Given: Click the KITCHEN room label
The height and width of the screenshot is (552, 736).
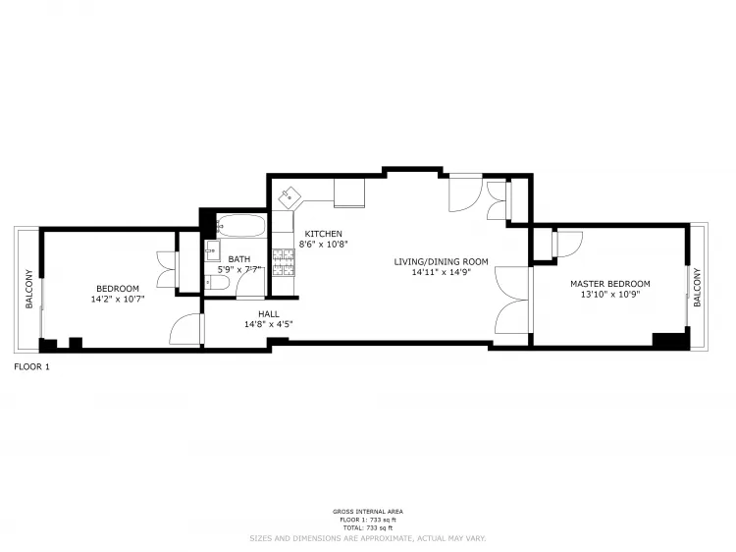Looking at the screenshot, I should coord(323,234).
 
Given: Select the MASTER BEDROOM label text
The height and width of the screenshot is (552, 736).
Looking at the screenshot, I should coord(610,284).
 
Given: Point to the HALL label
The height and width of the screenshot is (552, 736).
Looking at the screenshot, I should coord(269,313).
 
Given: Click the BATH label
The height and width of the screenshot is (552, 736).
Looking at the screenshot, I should coord(239,258).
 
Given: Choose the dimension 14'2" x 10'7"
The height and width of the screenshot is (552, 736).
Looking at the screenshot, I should coord(117,299).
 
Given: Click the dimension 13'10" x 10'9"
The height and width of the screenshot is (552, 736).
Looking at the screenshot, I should coord(610,294).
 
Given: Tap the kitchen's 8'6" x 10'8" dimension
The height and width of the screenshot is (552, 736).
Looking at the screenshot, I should coord(324,244).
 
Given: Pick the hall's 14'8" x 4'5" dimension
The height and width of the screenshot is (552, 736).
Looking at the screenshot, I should coord(269,323).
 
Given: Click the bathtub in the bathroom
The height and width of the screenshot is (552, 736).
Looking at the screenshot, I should coord(239,227).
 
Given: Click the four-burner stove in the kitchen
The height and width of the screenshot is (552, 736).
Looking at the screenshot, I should coord(285,261).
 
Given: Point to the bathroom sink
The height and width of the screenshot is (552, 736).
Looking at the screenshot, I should coord(213,249).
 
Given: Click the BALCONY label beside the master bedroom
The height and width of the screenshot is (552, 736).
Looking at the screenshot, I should coord(697,287).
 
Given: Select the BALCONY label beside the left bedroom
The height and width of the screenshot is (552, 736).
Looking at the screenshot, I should coord(28,289).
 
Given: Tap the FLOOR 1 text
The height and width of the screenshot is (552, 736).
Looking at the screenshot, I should coord(31,366).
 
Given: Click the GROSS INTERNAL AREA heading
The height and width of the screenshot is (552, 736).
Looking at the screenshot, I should coord(367,512).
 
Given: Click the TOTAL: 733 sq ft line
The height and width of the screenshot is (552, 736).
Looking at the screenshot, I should coord(367,527).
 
